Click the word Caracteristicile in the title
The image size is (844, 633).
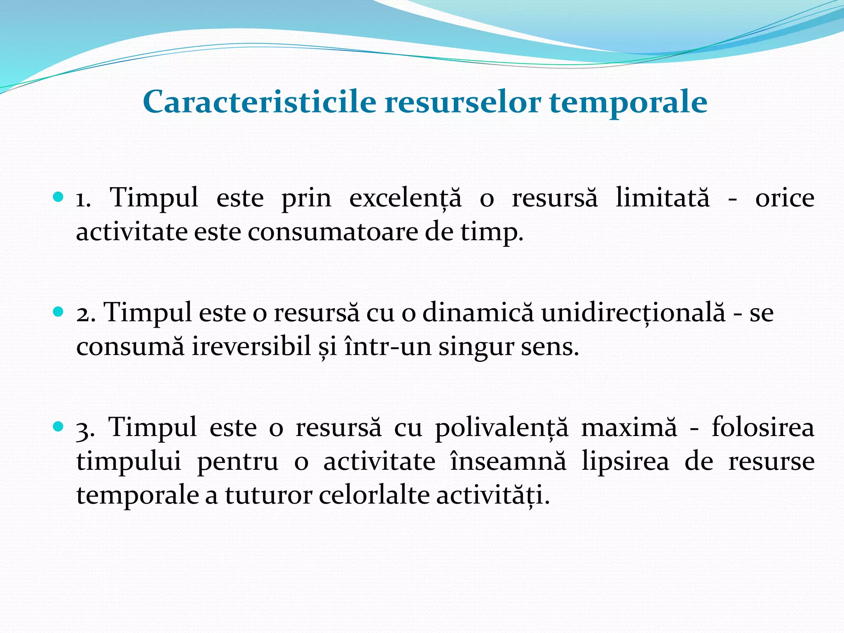coord(259,102)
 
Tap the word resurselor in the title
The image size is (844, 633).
coord(462,102)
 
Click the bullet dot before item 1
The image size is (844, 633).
coord(59,197)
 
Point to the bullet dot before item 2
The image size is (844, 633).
coord(59,312)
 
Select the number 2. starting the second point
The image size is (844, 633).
coord(86,314)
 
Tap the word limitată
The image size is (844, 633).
coord(663,198)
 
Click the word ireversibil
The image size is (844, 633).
coord(251,347)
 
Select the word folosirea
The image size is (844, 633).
coord(763,427)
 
